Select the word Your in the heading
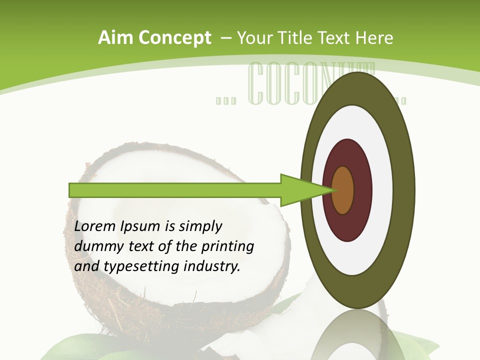coord(252,38)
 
